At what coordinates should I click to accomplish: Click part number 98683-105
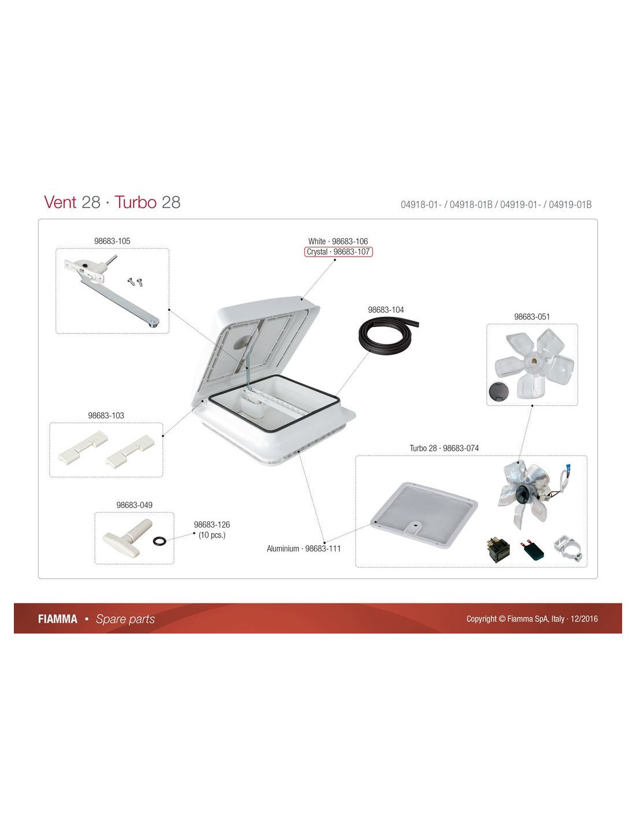112,241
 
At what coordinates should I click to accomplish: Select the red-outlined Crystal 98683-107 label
338,251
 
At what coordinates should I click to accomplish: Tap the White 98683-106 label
338,241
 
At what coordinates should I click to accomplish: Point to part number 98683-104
386,309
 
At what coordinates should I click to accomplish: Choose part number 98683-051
531,317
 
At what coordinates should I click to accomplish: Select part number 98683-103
106,416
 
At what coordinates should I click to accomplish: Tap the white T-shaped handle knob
128,538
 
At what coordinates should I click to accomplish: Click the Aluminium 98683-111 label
304,549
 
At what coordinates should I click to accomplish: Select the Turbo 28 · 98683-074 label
444,448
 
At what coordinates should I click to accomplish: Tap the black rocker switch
498,550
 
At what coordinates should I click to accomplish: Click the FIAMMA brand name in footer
57,619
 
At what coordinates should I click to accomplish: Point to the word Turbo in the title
135,202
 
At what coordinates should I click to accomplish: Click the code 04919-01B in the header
570,205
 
